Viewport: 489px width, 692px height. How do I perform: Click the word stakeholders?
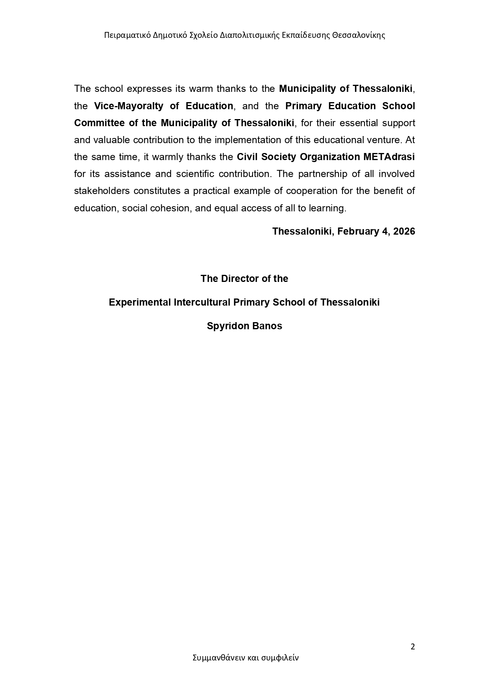(102, 191)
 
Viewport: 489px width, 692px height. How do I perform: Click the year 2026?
(404, 231)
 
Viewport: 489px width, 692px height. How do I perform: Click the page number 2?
(413, 647)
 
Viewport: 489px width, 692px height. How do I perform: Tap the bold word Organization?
(330, 157)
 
